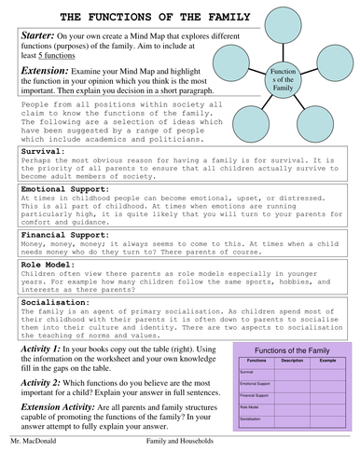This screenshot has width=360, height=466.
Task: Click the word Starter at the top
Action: tap(35, 34)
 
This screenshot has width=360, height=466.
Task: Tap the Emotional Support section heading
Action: tap(63, 187)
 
